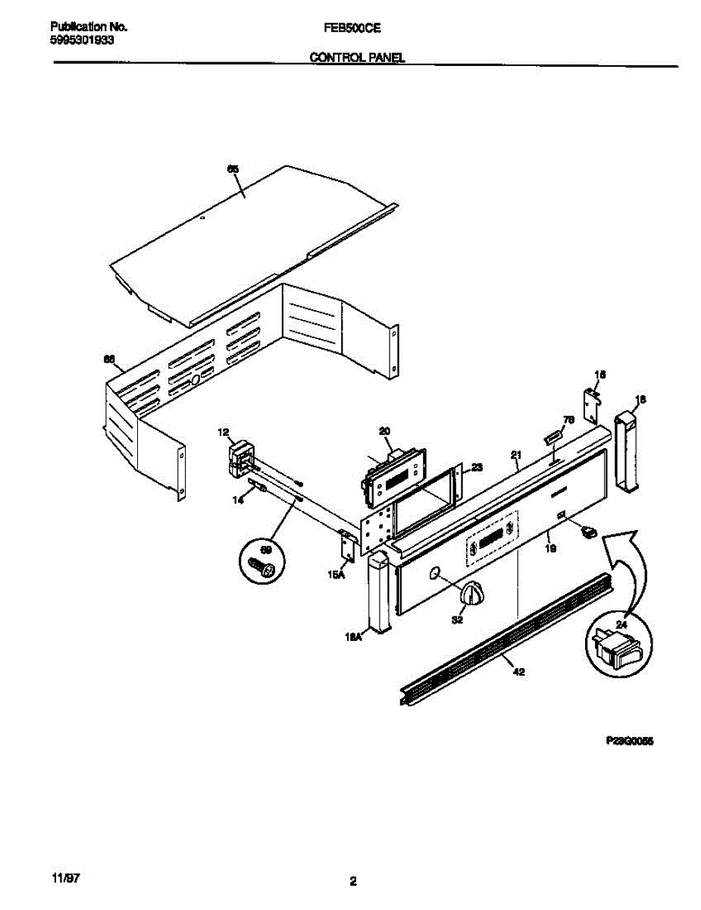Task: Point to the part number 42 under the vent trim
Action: click(x=518, y=669)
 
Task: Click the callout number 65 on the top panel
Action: click(x=233, y=170)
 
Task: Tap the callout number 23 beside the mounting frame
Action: click(x=476, y=468)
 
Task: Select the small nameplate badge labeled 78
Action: click(x=552, y=437)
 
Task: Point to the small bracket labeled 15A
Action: click(x=347, y=548)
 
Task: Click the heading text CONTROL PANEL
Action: click(x=357, y=58)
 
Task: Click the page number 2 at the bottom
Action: click(x=352, y=881)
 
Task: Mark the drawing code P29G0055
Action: click(x=629, y=743)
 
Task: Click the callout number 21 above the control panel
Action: click(x=516, y=455)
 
